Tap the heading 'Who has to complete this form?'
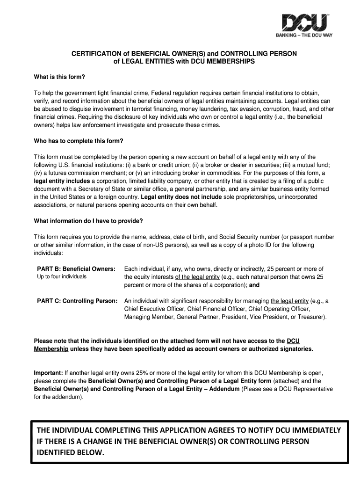(78, 141)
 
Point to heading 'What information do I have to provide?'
(88, 221)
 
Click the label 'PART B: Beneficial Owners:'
(76, 269)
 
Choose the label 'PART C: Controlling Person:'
(77, 301)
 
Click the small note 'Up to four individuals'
(62, 277)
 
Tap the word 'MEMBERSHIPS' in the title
(230, 62)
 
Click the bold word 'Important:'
(48, 373)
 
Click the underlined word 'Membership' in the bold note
(51, 349)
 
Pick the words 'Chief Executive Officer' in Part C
(154, 309)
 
